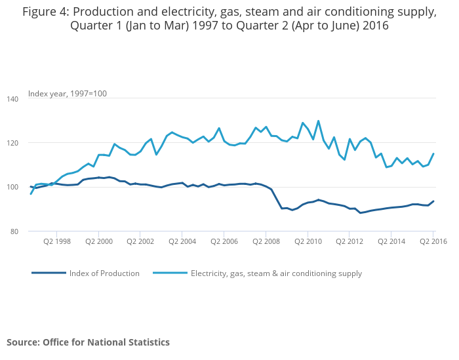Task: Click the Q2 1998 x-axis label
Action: (56, 242)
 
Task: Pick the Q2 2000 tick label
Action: (98, 242)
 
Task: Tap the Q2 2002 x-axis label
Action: (140, 242)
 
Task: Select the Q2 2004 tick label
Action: (182, 242)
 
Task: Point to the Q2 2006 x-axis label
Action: (224, 242)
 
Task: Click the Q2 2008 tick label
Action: (266, 242)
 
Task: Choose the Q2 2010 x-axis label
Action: (308, 242)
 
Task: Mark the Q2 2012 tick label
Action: (349, 242)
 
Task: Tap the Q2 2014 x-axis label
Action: (391, 242)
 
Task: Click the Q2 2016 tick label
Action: (433, 242)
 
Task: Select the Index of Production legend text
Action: (104, 273)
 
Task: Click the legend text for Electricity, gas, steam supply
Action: (276, 273)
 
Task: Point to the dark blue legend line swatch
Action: (49, 273)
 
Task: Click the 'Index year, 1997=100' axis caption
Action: (68, 94)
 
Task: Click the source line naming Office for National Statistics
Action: (88, 342)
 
